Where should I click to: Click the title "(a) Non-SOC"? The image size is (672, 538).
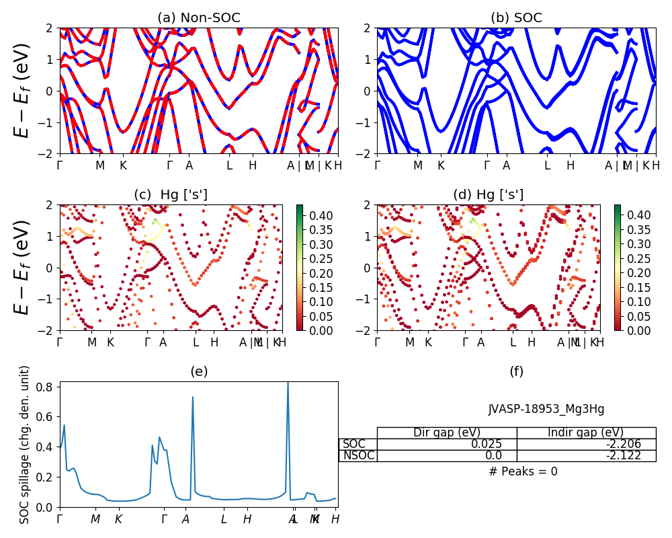pos(199,18)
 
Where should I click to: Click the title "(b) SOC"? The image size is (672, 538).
pos(516,18)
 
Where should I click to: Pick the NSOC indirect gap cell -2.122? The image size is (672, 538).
pos(586,455)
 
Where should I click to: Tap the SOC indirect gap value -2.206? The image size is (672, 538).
pos(586,444)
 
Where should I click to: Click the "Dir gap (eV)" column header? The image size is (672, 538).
pos(447,432)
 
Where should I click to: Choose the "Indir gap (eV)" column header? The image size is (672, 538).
pos(586,432)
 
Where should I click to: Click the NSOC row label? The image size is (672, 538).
pos(358,455)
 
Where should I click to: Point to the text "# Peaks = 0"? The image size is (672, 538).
pos(523,471)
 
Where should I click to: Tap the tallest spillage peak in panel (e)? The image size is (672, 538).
pos(288,383)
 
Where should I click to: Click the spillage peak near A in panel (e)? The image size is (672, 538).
pos(192,397)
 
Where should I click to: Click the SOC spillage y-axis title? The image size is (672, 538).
pos(25,445)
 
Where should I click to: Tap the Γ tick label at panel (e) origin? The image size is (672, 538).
pos(60,518)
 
